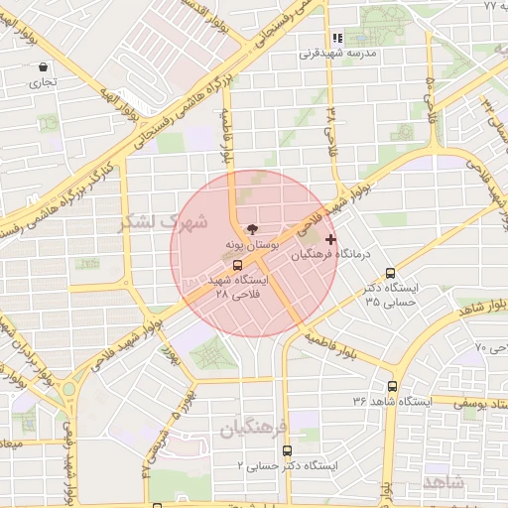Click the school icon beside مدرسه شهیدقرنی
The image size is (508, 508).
[336, 38]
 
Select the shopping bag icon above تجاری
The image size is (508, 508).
[43, 66]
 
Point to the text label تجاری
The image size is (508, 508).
[42, 83]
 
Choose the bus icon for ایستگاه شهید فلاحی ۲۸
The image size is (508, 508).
[236, 265]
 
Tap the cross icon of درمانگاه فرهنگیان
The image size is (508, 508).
[330, 239]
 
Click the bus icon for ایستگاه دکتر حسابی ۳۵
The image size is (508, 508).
[390, 273]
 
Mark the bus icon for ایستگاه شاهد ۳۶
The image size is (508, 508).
[392, 386]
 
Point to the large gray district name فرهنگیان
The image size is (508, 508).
[254, 428]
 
